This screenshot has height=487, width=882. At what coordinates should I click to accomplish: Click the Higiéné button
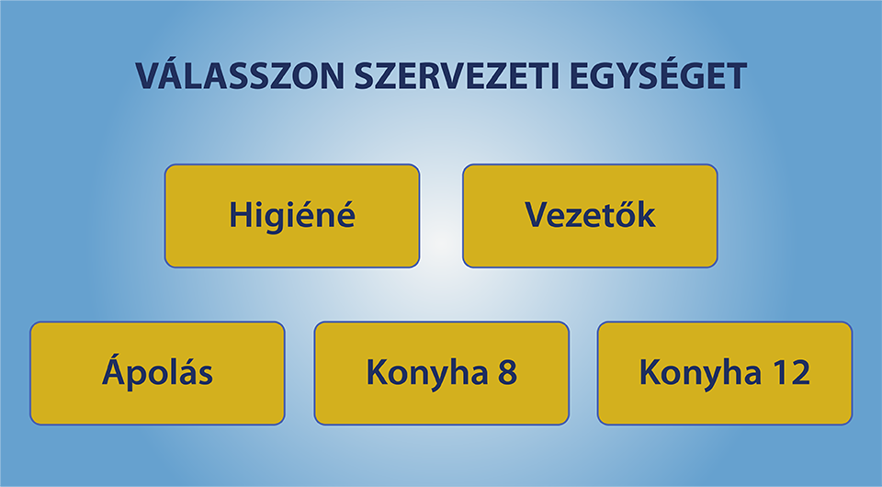[292, 216]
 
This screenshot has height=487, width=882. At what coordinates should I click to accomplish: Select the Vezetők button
[590, 216]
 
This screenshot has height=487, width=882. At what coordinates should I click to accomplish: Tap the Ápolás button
[157, 373]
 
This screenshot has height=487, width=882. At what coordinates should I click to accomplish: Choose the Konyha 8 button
[442, 373]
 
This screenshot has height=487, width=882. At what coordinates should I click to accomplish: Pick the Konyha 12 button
[725, 373]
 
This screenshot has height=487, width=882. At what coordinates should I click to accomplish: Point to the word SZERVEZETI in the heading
[457, 76]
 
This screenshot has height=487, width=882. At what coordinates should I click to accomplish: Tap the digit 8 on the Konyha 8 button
[507, 372]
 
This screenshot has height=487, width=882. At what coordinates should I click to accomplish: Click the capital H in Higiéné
[240, 215]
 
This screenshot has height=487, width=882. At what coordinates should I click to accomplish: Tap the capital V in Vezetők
[537, 215]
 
